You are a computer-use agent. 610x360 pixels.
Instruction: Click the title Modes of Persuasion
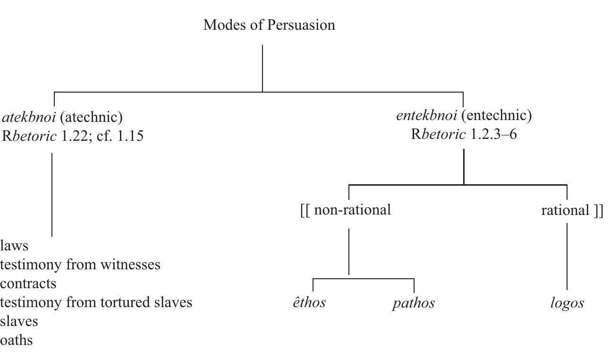click(x=269, y=25)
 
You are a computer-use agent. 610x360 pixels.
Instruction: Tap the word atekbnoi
click(x=29, y=117)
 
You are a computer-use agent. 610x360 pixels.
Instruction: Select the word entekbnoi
click(x=426, y=115)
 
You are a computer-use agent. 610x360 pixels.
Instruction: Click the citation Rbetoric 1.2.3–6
click(x=464, y=134)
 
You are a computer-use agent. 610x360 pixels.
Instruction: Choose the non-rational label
click(x=346, y=209)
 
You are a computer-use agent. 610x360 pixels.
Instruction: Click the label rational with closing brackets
click(x=572, y=210)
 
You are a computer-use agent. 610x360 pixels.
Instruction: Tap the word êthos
click(x=309, y=302)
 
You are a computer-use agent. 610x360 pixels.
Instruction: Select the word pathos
click(x=414, y=303)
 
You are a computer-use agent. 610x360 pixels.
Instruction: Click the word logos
click(x=567, y=303)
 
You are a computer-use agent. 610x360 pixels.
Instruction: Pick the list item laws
click(x=14, y=246)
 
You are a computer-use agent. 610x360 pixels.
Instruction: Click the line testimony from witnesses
click(x=80, y=265)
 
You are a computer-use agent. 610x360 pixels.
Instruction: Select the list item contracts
click(x=28, y=283)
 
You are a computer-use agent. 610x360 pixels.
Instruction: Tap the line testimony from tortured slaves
click(x=96, y=302)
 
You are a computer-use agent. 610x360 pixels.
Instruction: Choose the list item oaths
click(x=17, y=340)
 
